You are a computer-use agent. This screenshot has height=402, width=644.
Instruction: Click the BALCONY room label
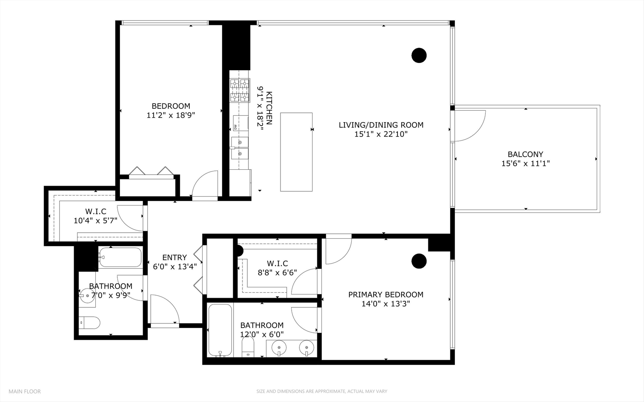[525, 154]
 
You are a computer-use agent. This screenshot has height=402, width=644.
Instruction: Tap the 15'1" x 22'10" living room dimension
[381, 134]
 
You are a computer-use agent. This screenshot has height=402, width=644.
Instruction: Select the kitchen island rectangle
[296, 152]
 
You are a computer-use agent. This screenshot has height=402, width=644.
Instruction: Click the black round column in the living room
[419, 55]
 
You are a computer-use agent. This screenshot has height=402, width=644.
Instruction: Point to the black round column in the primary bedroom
[419, 261]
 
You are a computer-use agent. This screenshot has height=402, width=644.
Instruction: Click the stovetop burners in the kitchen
[239, 90]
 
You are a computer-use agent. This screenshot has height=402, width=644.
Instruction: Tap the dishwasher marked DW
[241, 123]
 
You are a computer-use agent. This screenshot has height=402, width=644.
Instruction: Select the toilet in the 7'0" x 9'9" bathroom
[90, 323]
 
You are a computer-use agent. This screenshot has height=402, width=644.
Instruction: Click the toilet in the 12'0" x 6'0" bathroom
[248, 347]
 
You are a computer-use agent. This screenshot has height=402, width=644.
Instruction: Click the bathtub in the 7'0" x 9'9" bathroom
[120, 257]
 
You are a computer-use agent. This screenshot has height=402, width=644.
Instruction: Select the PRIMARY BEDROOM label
[386, 294]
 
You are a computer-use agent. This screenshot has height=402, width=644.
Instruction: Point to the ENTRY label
[175, 257]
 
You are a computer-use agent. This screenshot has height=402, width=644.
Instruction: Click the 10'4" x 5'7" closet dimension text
[95, 220]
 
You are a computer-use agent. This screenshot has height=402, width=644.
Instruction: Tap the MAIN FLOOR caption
[25, 391]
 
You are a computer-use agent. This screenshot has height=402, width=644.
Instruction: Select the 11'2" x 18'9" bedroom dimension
[171, 115]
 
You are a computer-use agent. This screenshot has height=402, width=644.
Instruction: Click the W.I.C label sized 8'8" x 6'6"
[277, 264]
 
